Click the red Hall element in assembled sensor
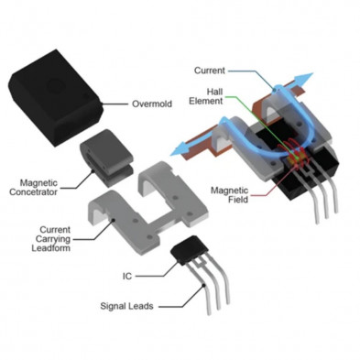tap(294, 157)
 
